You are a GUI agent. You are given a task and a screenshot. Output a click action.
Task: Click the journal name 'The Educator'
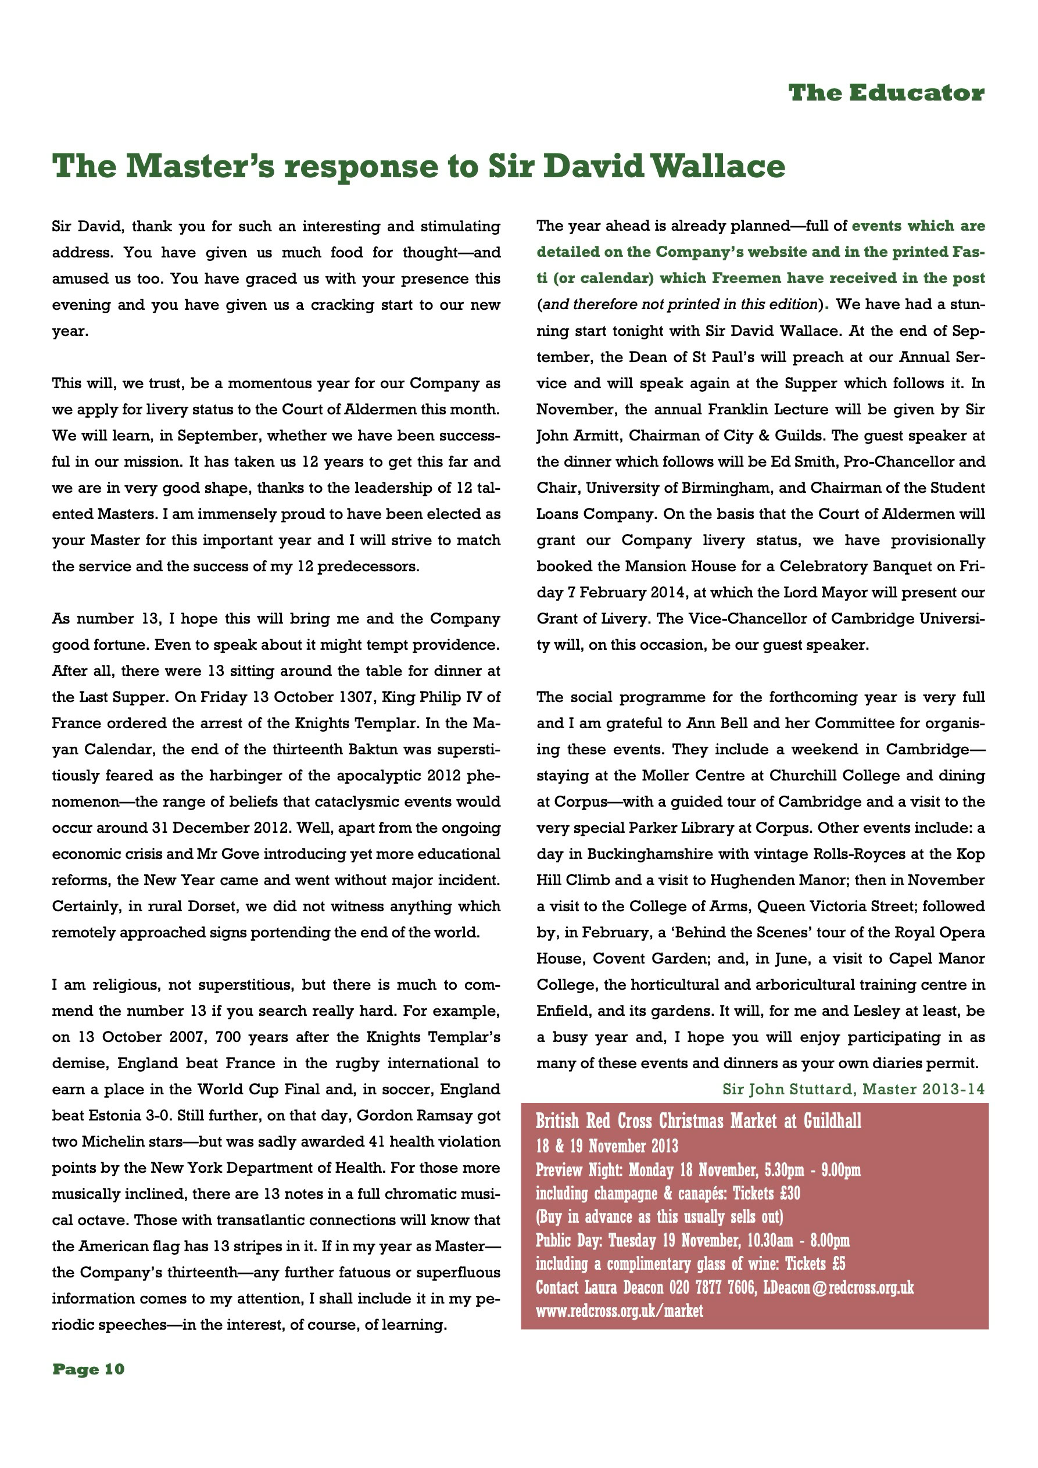click(886, 94)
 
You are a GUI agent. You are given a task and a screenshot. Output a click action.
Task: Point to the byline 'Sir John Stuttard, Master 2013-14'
click(853, 1089)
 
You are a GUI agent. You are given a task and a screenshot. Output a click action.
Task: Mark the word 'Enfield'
click(560, 1011)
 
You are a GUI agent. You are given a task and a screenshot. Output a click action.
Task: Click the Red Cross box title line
click(698, 1122)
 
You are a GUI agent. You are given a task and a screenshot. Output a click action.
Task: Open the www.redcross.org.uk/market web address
click(618, 1311)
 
